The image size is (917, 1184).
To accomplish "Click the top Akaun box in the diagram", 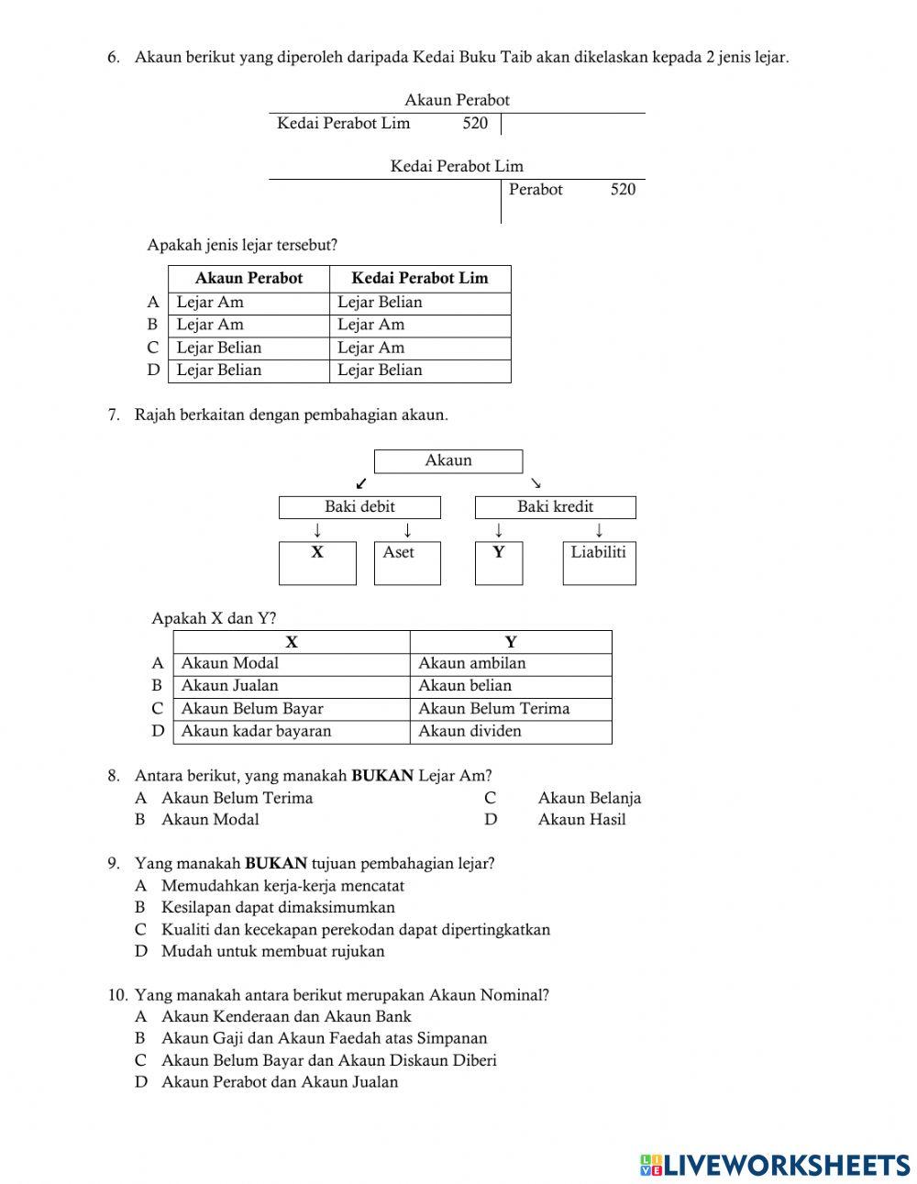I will (448, 461).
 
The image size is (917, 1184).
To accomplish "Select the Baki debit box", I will (359, 507).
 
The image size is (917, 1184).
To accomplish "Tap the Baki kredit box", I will (555, 507).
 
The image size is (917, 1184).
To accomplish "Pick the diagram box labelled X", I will (317, 562).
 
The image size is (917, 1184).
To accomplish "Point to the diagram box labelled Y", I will (498, 562).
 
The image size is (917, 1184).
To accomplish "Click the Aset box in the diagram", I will (407, 562).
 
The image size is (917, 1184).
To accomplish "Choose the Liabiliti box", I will (598, 562).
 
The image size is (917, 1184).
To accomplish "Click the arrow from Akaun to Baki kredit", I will (536, 483).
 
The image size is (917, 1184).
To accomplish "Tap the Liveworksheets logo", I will (775, 1164).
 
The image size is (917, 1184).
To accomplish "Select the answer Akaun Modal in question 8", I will (210, 820).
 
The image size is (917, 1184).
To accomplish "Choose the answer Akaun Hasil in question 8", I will (581, 820).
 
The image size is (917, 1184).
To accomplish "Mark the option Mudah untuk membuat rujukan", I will (272, 951).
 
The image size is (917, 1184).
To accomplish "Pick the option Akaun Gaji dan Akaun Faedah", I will (324, 1038).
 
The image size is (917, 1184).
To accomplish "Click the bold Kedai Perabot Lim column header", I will (420, 279).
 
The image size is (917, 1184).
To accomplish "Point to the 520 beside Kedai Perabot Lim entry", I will (475, 124).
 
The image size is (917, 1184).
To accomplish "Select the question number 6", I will (114, 58).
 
